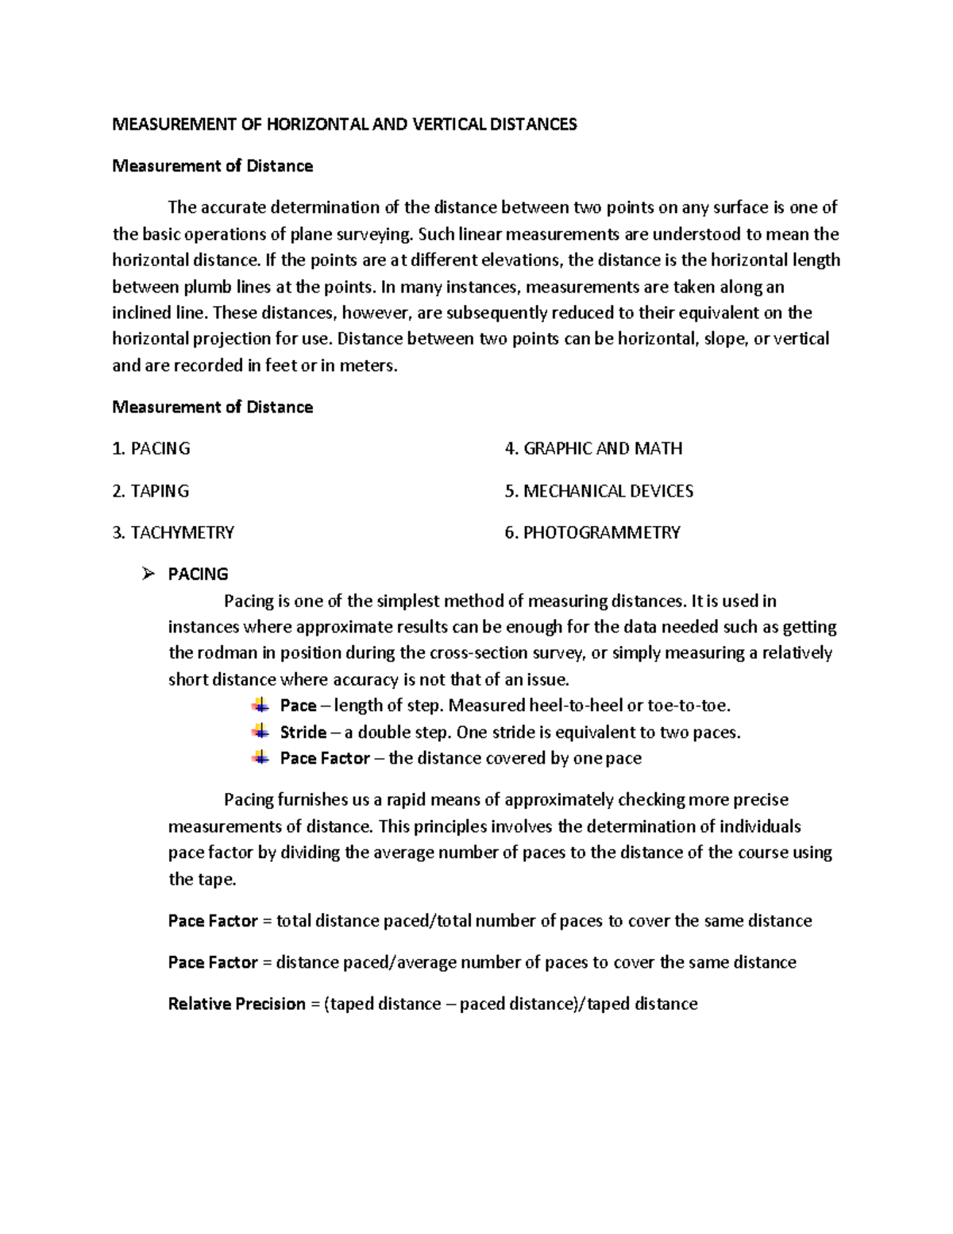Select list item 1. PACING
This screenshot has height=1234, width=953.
[152, 449]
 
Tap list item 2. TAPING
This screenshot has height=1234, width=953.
[151, 491]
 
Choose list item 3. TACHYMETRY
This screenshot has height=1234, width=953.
[173, 532]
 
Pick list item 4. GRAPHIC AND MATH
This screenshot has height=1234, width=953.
[593, 449]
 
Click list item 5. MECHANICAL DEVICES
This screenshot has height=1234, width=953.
[599, 491]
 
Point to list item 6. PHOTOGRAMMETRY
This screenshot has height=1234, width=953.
[592, 532]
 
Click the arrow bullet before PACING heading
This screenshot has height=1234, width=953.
[148, 574]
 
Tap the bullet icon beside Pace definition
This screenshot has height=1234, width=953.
[260, 705]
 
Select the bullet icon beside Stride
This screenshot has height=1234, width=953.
[260, 731]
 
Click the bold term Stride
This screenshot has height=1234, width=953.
[303, 732]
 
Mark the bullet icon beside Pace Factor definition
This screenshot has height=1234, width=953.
[260, 757]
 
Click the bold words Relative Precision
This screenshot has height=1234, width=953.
[237, 1004]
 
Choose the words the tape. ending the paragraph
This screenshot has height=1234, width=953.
[203, 880]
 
